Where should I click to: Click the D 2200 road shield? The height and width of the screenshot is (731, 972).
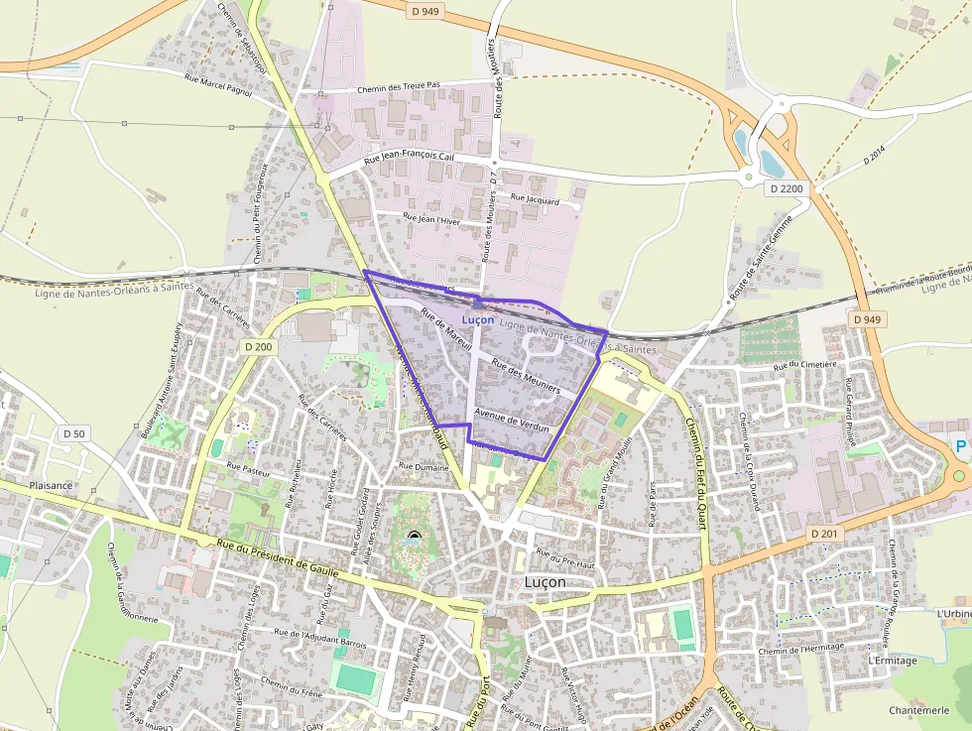787,188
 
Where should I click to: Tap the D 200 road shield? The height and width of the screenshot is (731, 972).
257,347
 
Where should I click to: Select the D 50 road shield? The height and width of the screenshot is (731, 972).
73,433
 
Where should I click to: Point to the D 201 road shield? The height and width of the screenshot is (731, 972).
824,534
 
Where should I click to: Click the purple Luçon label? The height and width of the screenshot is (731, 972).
477,320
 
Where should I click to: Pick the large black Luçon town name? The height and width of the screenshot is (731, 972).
545,583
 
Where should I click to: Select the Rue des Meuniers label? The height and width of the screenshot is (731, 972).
526,376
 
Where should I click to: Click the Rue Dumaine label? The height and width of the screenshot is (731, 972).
424,464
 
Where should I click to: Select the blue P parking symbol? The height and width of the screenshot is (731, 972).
960,446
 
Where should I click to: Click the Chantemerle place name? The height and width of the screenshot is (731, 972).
919,710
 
